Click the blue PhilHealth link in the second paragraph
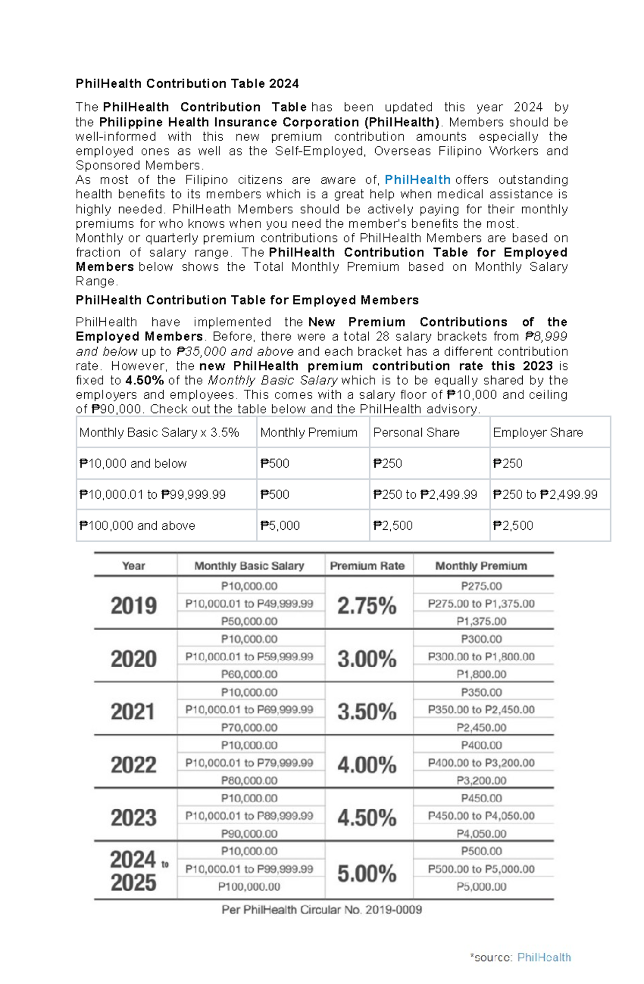[x=417, y=180]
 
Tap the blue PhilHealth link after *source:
[x=544, y=957]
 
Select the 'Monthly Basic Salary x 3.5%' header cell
[x=159, y=432]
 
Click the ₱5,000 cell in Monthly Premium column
[x=280, y=526]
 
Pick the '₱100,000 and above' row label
[x=137, y=526]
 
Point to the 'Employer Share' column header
[x=538, y=432]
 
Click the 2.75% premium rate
[x=367, y=605]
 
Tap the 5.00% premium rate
[x=367, y=874]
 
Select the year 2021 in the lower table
[x=134, y=712]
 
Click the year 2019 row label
[x=134, y=605]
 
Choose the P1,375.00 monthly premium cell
[x=481, y=621]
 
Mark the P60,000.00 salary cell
[x=249, y=674]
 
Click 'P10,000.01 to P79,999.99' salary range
[x=249, y=763]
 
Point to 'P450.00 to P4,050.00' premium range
[x=481, y=816]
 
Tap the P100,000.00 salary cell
[x=249, y=886]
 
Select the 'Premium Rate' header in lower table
[x=367, y=566]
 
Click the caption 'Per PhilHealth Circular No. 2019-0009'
[x=322, y=909]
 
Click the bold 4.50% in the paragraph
[x=144, y=381]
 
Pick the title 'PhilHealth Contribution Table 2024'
[x=187, y=84]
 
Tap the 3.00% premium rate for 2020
[x=367, y=659]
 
